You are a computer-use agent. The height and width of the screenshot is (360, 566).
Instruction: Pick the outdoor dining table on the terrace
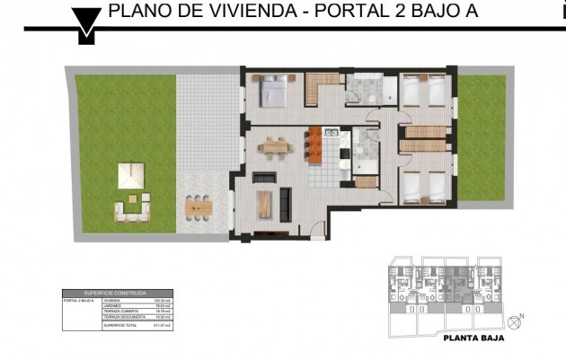199,207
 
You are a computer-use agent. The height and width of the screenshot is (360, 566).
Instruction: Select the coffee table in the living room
264,205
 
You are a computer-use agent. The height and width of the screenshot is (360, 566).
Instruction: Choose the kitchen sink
331,136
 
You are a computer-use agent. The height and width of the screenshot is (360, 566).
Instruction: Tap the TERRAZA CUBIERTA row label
118,312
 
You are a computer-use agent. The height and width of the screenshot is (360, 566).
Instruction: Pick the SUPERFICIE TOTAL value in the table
163,324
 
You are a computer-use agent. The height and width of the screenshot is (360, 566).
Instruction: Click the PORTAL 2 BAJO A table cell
79,300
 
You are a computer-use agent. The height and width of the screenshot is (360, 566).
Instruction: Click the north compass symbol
515,321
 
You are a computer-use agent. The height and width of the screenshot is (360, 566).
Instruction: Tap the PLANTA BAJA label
473,339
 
